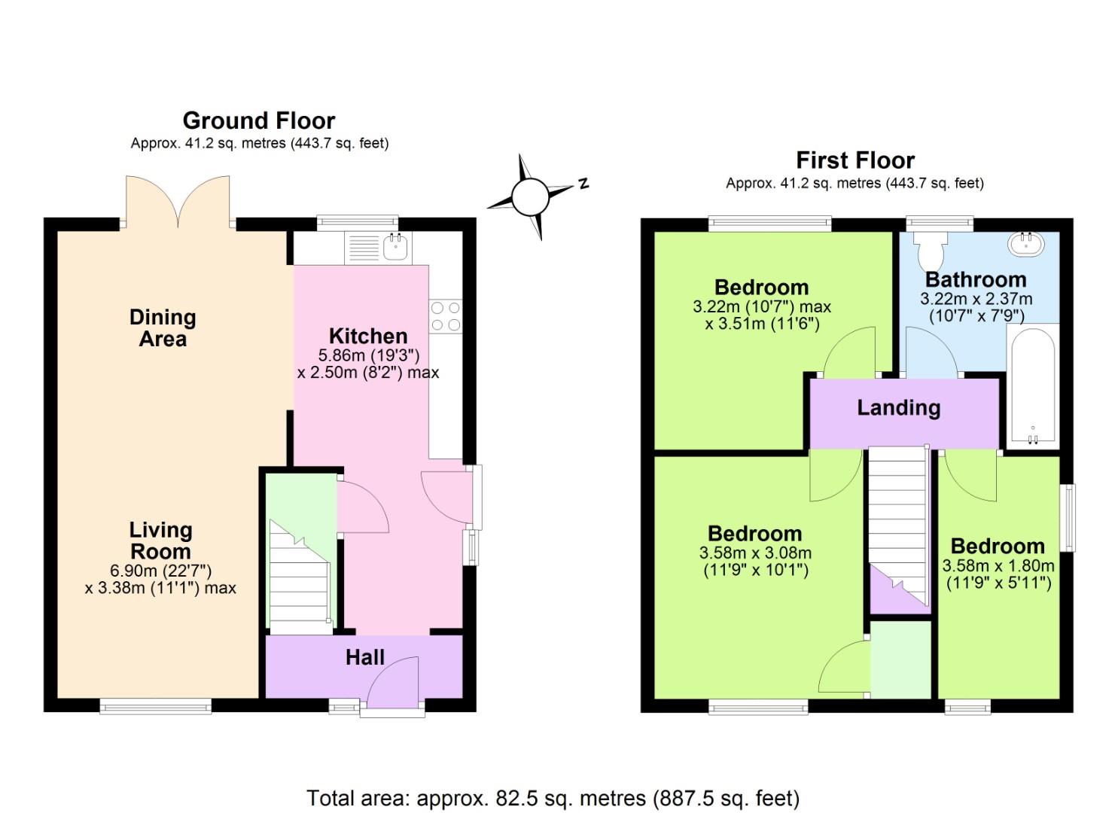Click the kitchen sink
395,246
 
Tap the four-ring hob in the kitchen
445,316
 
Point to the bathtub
1032,385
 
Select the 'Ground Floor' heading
258,120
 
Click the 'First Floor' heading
854,160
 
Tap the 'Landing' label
898,408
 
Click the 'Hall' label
364,657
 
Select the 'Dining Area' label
163,328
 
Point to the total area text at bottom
553,797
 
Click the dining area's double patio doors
178,202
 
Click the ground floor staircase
300,580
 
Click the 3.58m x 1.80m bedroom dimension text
998,574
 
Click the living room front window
155,705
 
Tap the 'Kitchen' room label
368,336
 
